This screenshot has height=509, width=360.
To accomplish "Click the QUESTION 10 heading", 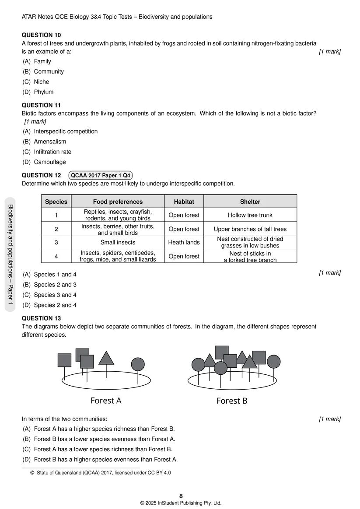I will coord(42,35).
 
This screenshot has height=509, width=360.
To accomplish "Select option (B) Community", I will coord(49,71).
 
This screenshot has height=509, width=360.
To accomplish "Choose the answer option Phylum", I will coord(44,92).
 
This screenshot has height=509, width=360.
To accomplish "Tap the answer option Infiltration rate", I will coord(52,152).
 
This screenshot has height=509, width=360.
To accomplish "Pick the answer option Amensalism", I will coord(50,142).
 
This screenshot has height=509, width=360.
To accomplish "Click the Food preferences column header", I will coord(118,202).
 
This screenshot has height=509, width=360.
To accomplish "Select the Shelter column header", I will coord(250,202).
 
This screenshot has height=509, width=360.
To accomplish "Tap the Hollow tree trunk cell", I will coord(250,215).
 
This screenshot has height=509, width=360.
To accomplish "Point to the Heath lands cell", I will coord(184,242).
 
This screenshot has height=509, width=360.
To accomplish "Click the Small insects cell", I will coord(118,242).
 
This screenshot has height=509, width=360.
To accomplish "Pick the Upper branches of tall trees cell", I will coord(250,229).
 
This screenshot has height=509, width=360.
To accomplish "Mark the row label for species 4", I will coord(56,256).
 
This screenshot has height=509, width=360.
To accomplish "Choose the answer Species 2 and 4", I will coord(55,305).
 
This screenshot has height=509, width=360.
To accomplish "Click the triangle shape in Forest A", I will coord(106,358).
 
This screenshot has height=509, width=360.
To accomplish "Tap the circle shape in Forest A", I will coord(138,364).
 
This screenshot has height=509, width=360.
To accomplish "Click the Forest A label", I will coord(106,401).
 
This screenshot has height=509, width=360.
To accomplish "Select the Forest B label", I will coord(232,401).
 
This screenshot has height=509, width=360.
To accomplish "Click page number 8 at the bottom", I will coord(181,495).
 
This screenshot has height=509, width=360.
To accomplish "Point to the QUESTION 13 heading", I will coord(42,318).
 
